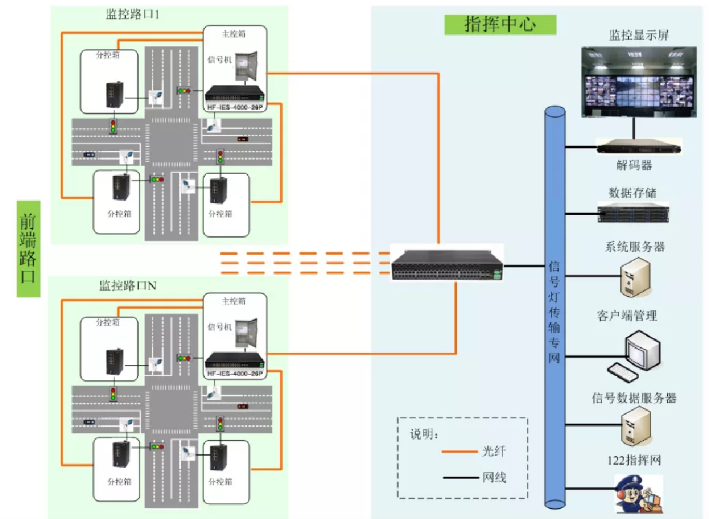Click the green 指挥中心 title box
click(x=500, y=24)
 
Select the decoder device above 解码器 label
click(x=639, y=147)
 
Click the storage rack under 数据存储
click(x=633, y=212)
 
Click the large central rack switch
click(x=447, y=267)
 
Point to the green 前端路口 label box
click(x=28, y=249)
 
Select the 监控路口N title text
click(x=129, y=286)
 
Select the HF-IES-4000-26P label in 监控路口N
click(x=235, y=373)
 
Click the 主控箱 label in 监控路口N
click(x=234, y=301)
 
